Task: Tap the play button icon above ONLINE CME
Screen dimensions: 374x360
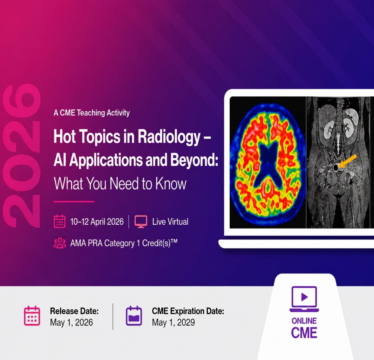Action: (x=304, y=297)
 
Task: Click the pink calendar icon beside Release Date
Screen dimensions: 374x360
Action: (x=32, y=316)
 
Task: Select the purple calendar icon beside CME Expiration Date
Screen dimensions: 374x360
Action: (x=134, y=316)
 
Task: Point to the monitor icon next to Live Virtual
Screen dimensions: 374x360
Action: (x=141, y=222)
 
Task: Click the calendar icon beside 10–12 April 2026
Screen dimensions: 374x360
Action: (x=60, y=222)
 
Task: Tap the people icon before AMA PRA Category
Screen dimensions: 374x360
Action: (x=60, y=243)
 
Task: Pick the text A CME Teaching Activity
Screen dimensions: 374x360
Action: (x=92, y=113)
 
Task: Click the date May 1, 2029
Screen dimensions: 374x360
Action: (x=173, y=323)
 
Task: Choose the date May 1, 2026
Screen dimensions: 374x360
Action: (x=71, y=323)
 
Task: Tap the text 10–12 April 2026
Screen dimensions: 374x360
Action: (x=97, y=222)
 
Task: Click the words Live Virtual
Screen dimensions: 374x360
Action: (x=170, y=222)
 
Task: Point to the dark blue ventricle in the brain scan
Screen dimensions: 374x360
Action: (x=267, y=165)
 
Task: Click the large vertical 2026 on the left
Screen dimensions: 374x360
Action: (x=22, y=156)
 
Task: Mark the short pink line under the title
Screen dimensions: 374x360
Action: (x=74, y=202)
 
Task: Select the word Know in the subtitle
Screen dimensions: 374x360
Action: (x=171, y=184)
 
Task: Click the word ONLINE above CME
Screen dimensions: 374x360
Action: (x=304, y=321)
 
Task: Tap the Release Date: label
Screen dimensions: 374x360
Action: (x=74, y=311)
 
